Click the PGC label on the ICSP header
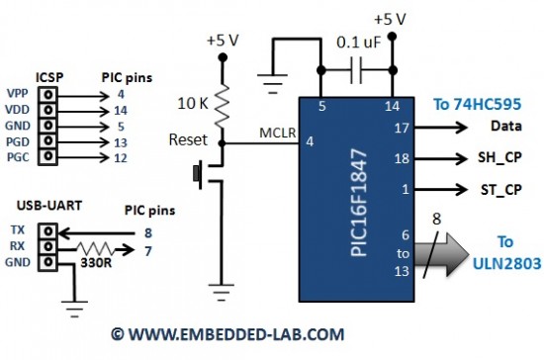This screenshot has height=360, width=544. pos(17,157)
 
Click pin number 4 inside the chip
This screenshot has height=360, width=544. pos(310,142)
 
